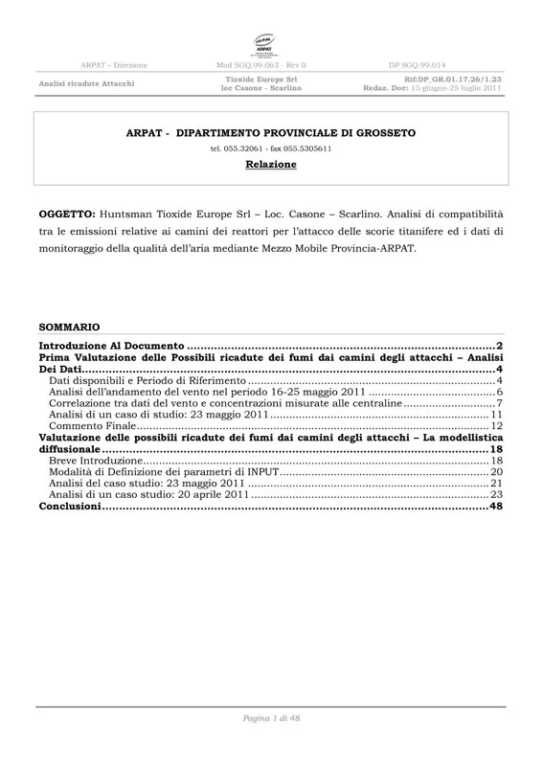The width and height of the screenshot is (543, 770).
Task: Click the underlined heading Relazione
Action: (271, 165)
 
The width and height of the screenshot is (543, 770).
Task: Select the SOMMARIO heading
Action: (68, 327)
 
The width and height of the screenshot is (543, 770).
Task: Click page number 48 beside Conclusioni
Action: (496, 507)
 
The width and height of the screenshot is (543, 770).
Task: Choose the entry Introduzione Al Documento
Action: (111, 344)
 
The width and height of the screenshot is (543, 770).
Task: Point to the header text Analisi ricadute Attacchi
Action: (86, 83)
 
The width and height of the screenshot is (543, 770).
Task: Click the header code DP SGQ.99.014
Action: (418, 64)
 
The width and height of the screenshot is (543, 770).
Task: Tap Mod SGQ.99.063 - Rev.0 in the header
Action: (261, 64)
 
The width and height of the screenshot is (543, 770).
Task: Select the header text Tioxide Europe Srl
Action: (260, 79)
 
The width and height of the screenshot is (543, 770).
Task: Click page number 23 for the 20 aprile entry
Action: (496, 495)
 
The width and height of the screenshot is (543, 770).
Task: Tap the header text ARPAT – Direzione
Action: (114, 64)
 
